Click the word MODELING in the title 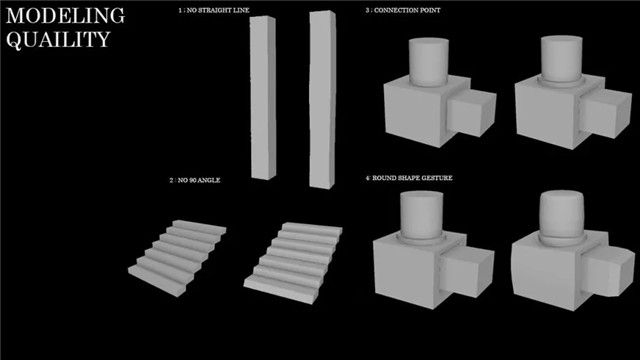click(65, 16)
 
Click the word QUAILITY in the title click(58, 40)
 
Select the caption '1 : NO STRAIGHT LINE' click(213, 10)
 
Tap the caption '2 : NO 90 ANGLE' click(195, 180)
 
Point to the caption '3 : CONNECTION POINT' click(403, 10)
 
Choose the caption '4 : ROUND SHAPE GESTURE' click(409, 178)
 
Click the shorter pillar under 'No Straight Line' click(263, 98)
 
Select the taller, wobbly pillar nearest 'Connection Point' click(322, 100)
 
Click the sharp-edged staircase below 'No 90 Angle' click(177, 257)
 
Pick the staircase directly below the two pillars click(293, 262)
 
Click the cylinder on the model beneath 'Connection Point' click(429, 62)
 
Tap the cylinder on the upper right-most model click(561, 60)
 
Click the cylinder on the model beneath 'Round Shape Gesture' click(421, 215)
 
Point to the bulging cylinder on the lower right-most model click(562, 217)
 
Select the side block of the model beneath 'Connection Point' click(471, 111)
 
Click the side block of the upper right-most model click(605, 112)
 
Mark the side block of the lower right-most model click(608, 271)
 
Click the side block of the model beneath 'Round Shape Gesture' click(469, 270)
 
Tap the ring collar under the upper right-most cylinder click(562, 82)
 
